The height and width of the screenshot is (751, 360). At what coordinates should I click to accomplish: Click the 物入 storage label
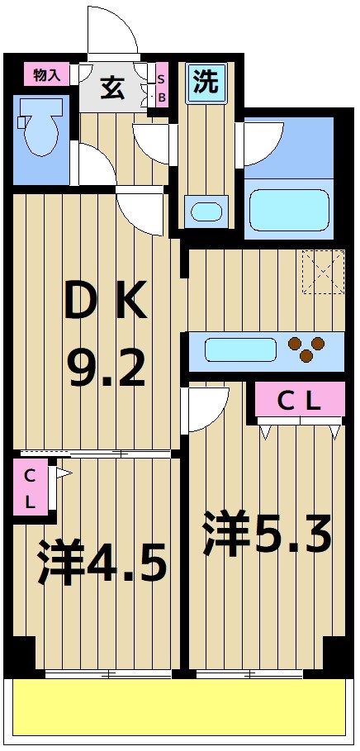coord(46,75)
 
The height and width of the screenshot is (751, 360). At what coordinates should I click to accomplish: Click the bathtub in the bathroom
coord(289,208)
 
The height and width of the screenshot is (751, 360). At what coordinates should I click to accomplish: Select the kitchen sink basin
coord(239,349)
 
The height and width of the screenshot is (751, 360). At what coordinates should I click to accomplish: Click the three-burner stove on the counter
coord(306,349)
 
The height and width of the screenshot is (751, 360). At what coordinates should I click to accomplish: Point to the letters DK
coord(107,302)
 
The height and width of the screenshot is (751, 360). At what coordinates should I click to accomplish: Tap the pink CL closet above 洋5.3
coord(298,401)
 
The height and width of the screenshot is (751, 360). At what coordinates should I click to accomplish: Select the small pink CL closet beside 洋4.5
coord(30,487)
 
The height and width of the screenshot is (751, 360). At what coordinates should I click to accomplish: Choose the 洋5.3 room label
coord(267,535)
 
